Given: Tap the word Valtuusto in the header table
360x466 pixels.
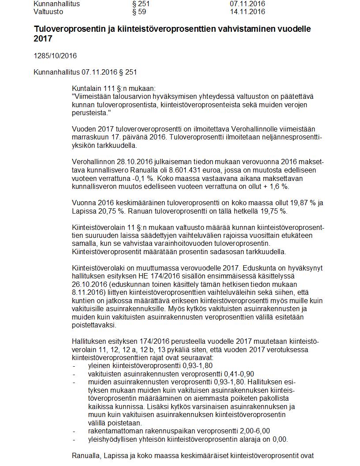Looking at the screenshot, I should click(x=48, y=12).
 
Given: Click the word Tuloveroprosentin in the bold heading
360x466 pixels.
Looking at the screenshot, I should click(x=67, y=29).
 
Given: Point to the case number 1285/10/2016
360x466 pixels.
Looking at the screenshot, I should click(x=55, y=56).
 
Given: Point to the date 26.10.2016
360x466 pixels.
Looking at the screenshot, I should click(x=88, y=284).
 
